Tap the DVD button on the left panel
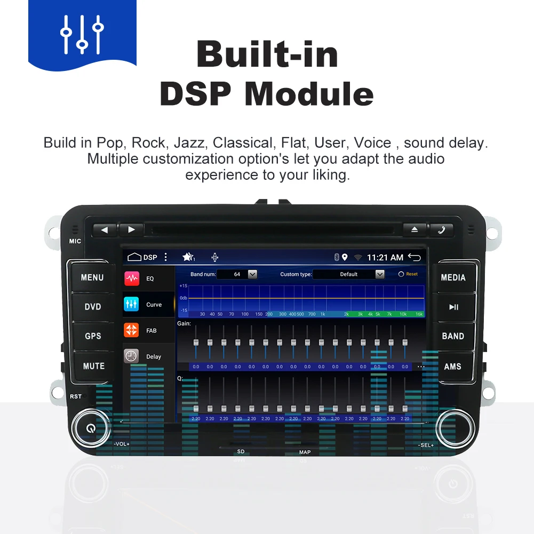92,307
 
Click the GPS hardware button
92,336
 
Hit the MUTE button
93,366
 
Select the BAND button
453,336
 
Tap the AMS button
453,366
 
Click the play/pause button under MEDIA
453,307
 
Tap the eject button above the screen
415,230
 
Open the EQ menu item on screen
149,278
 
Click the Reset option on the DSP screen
409,274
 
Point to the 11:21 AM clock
385,258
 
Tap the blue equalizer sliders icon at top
82,34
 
